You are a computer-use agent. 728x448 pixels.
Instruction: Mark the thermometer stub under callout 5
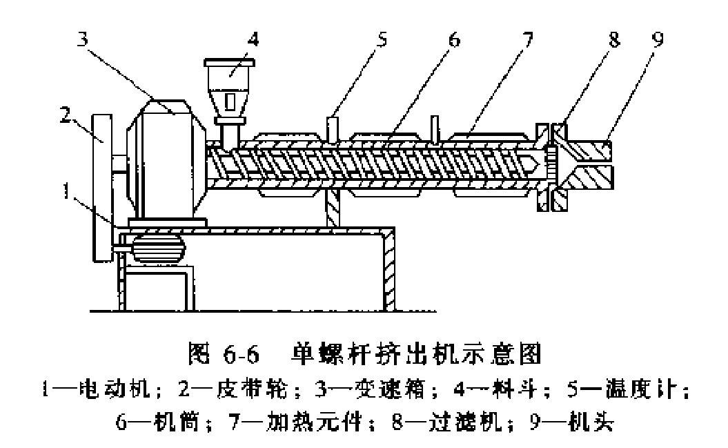coord(333,128)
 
